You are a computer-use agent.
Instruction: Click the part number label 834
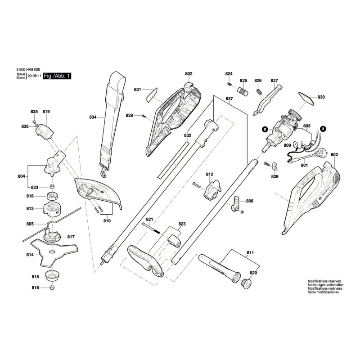point(93,117)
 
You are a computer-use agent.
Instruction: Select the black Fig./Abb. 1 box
point(57,77)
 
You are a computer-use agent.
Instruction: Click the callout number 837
point(229,99)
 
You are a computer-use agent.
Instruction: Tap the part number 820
point(253,273)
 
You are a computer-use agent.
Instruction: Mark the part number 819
point(46,112)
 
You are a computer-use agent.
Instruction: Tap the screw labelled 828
point(143,116)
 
